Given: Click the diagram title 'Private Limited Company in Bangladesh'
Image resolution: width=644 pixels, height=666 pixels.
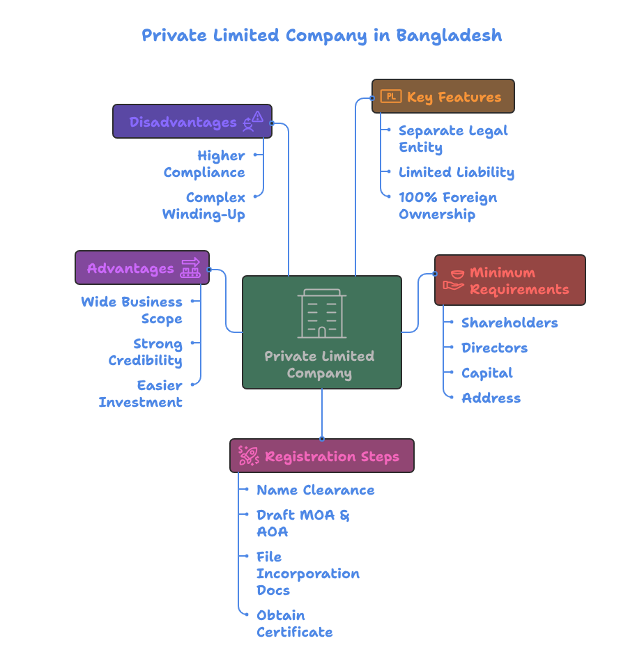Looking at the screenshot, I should (321, 36).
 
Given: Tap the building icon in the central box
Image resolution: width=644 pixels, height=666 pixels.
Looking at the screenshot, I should (321, 313).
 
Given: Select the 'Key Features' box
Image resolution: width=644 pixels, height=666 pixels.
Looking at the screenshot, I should (443, 96).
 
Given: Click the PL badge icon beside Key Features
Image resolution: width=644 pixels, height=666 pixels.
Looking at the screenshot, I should (391, 96).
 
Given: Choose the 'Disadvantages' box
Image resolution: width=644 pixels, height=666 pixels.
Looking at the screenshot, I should (192, 122).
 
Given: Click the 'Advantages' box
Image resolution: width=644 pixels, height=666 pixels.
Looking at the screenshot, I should (142, 268).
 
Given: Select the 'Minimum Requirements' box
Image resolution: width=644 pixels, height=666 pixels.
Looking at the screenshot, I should (510, 280).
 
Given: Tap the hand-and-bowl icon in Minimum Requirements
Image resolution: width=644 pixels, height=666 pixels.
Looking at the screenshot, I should (454, 280).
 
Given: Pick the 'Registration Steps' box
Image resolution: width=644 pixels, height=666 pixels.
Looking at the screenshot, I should (322, 456).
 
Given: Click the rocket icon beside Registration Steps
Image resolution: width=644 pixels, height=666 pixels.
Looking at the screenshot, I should (248, 456).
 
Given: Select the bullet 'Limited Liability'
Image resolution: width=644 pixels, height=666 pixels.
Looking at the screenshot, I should (457, 172).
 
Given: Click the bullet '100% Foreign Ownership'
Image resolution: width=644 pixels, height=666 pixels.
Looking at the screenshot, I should (447, 206).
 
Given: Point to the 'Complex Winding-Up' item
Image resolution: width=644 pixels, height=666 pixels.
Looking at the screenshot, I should (204, 206).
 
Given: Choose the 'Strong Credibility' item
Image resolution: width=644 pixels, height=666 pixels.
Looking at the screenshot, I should (146, 352).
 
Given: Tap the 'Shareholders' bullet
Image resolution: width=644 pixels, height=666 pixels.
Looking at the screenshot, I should (509, 323).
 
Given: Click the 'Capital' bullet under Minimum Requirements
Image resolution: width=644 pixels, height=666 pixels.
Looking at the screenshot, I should (486, 373).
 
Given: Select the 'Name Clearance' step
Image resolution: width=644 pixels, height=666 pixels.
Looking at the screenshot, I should (315, 490).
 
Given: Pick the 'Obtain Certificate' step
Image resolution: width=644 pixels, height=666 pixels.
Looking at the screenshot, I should (294, 624).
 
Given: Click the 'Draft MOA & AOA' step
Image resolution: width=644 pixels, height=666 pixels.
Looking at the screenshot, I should (302, 523).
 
